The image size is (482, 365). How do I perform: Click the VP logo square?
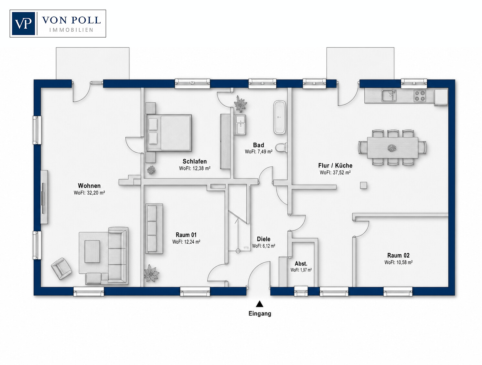[24, 24]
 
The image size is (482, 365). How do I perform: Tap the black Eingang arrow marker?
[260, 304]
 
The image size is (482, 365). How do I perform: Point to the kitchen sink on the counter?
[389, 96]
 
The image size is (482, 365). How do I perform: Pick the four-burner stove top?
[420, 96]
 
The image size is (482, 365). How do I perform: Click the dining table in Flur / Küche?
[392, 147]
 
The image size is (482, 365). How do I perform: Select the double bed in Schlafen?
[169, 133]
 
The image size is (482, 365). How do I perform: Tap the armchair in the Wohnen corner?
[61, 269]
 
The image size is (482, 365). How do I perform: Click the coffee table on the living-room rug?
[92, 251]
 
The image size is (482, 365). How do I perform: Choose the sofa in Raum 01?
[154, 228]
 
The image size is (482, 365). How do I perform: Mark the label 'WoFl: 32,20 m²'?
[89, 193]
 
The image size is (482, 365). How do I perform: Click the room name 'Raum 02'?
[398, 255]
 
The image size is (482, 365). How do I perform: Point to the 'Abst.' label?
[301, 263]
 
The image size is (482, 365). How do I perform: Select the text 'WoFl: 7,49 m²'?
[259, 152]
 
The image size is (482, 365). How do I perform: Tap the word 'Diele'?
[263, 239]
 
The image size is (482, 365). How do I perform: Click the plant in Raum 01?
[151, 273]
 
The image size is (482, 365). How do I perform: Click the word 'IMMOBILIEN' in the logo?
[71, 30]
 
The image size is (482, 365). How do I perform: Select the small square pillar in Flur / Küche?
[363, 186]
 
